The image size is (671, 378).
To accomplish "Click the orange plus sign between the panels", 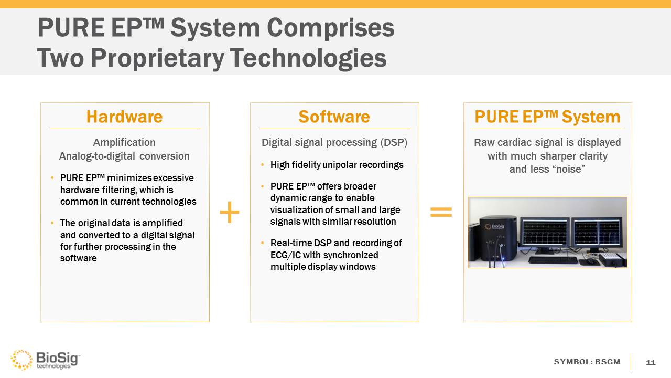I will pos(230,213).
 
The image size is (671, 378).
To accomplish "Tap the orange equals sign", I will pos(441,212).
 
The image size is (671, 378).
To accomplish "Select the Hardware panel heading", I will pos(125,117).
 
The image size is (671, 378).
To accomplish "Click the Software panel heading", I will pos(334,117).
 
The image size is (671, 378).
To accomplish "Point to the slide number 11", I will pos(651,363).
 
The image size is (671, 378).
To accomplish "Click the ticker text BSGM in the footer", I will pos(608,362).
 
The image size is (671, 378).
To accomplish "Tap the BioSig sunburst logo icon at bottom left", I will pos(21,360).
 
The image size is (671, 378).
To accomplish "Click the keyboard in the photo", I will pos(553,260).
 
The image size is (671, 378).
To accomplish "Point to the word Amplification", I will pos(124,142).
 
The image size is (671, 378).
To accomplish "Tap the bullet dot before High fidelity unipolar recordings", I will pos(263,165).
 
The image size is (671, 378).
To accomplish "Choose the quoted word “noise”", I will pos(566,170).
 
